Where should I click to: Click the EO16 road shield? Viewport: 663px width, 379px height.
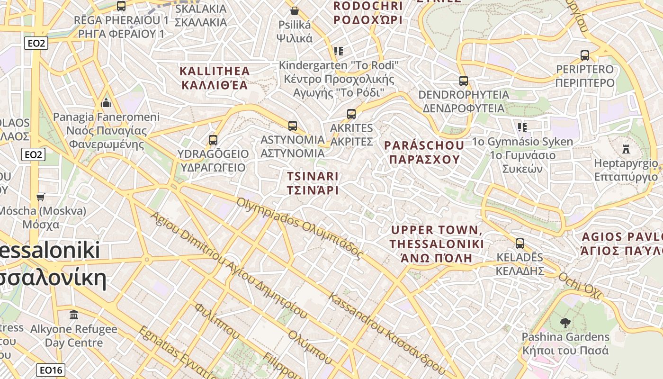pos(51,370)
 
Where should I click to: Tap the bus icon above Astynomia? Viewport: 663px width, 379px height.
pos(293,126)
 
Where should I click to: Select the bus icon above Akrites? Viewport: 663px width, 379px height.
pos(351,114)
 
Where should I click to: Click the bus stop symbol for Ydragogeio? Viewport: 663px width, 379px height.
pos(213,140)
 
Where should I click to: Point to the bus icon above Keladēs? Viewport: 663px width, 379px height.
pos(520,244)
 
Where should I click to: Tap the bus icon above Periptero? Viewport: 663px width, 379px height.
pos(585,55)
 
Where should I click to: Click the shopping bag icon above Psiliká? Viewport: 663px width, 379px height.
pos(295,10)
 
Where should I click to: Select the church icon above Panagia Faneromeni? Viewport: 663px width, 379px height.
pos(106,103)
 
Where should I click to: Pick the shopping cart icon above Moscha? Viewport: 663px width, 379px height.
pos(41,197)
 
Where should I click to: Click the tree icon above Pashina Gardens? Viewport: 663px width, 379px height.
pos(565,323)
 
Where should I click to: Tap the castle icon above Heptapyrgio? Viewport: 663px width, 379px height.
pos(626,149)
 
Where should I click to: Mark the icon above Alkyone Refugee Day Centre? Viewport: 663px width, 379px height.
pos(74,315)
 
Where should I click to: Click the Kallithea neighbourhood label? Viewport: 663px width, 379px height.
pos(215,78)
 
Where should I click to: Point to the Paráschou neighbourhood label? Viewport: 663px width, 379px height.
pos(424,152)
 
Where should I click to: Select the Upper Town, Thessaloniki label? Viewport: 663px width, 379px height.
pos(437,244)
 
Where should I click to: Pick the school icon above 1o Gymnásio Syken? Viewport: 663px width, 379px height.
pos(522,127)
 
